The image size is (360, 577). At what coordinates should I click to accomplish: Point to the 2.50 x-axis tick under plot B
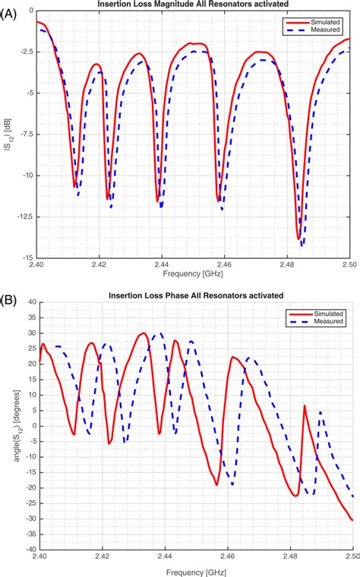352,557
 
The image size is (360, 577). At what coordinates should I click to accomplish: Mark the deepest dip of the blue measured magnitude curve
302,245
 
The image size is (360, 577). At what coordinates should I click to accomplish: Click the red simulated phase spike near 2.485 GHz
305,406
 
